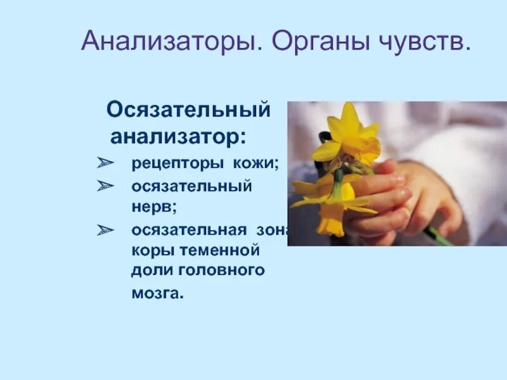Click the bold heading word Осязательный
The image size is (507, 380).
tap(188, 110)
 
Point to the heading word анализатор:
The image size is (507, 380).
tap(179, 136)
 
